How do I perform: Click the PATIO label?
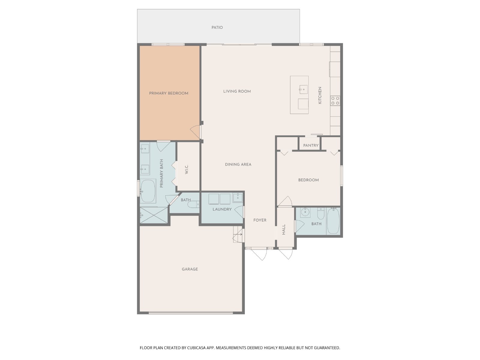(x=217, y=27)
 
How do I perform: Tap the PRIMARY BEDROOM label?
(x=169, y=93)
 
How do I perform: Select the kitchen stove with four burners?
(x=335, y=100)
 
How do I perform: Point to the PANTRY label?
(x=310, y=145)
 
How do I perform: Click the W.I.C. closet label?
(x=187, y=169)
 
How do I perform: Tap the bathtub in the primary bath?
(x=148, y=191)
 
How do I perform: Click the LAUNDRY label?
(x=222, y=209)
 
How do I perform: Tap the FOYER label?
(x=260, y=220)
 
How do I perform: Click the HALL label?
(x=284, y=229)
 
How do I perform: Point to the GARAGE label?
(x=190, y=269)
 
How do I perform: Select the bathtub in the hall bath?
(x=333, y=221)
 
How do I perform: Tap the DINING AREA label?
(x=238, y=164)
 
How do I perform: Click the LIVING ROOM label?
(x=237, y=91)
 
